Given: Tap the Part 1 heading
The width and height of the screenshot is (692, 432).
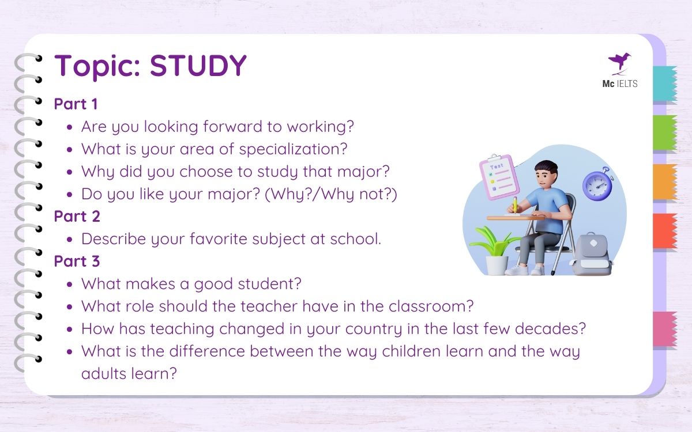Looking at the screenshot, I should pyautogui.click(x=76, y=104).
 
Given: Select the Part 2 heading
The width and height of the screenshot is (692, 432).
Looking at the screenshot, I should pyautogui.click(x=77, y=217).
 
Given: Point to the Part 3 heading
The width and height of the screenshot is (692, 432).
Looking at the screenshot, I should pyautogui.click(x=77, y=262).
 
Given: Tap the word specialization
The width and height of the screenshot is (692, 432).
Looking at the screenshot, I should pyautogui.click(x=293, y=149).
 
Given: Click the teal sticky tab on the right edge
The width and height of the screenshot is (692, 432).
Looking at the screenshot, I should pyautogui.click(x=665, y=84).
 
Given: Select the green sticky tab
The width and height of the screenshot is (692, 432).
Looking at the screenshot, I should pyautogui.click(x=665, y=133).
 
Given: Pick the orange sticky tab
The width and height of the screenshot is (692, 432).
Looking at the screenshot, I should pyautogui.click(x=665, y=182).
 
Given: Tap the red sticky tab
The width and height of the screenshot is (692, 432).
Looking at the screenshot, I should pyautogui.click(x=665, y=231).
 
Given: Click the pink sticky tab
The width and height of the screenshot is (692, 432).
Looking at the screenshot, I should pyautogui.click(x=665, y=329).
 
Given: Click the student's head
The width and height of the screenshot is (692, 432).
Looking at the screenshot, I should pyautogui.click(x=545, y=173).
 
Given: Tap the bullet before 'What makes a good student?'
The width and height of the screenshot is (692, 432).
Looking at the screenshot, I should pyautogui.click(x=70, y=284).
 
